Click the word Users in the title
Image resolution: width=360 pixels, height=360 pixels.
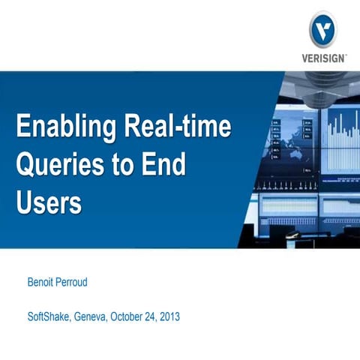tap(49, 200)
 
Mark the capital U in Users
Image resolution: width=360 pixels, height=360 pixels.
tap(25, 200)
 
